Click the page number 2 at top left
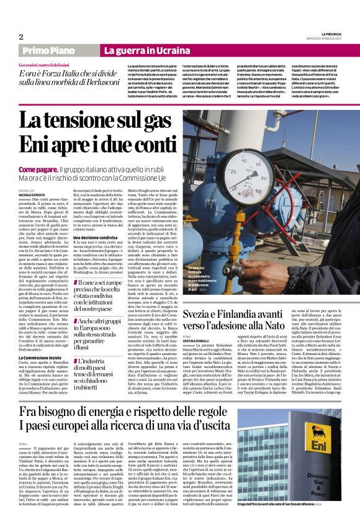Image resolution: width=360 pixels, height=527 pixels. [20, 37]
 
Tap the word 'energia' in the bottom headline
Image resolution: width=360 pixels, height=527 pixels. [116, 414]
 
